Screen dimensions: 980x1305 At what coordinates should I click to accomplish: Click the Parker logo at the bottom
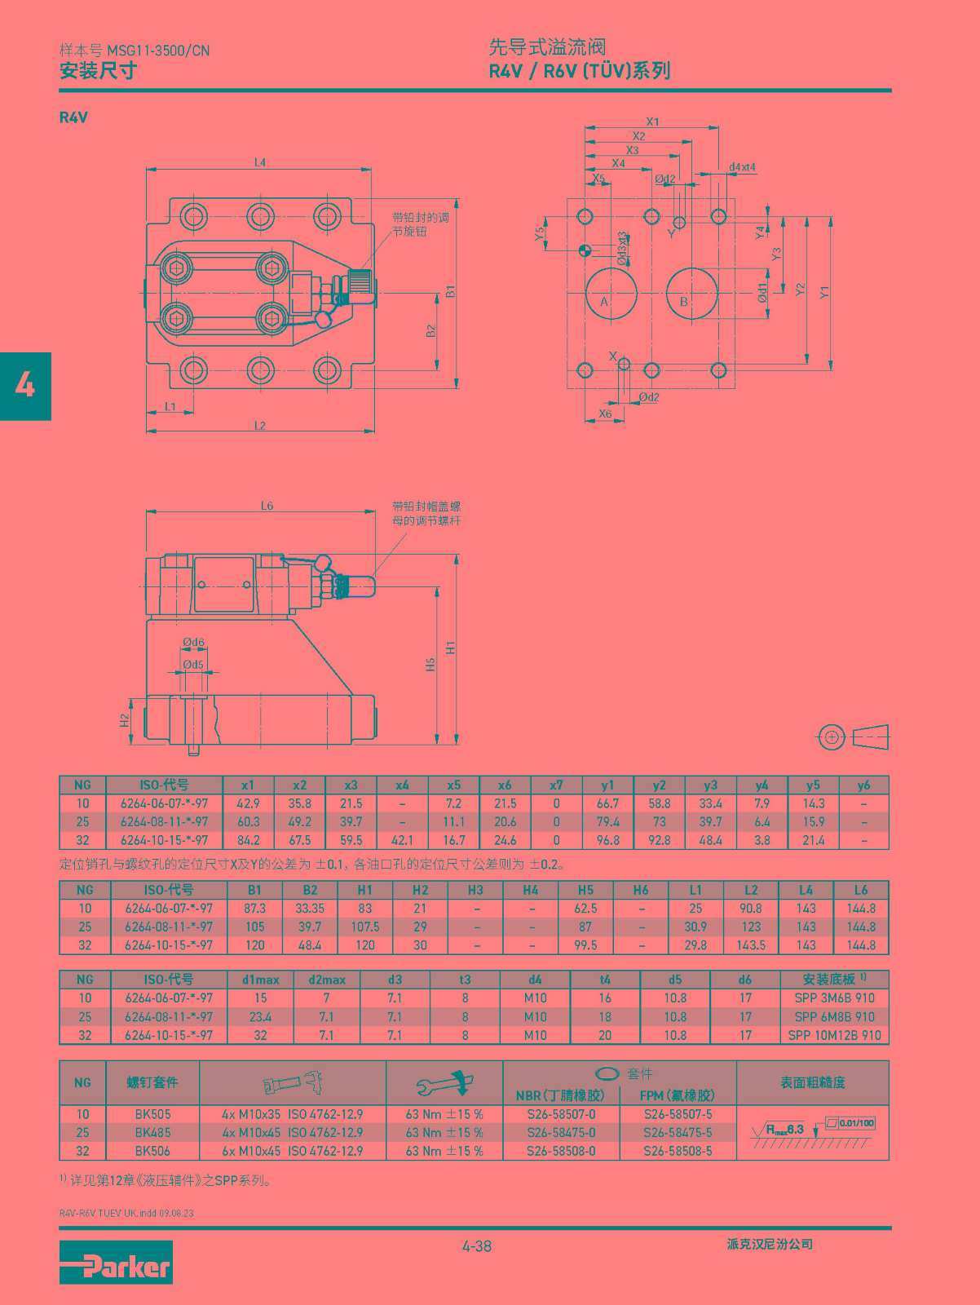click(x=116, y=1262)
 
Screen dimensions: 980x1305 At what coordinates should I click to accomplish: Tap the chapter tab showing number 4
click(x=25, y=386)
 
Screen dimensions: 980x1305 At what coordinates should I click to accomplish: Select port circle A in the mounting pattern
click(x=611, y=293)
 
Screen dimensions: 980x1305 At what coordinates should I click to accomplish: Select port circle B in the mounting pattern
click(x=691, y=293)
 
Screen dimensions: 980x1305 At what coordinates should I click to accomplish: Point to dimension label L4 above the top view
click(x=260, y=162)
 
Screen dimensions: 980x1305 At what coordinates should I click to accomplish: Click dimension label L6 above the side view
click(x=267, y=506)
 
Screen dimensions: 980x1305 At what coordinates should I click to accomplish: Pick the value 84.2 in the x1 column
click(x=248, y=840)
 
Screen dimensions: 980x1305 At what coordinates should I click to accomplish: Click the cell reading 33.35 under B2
click(x=310, y=909)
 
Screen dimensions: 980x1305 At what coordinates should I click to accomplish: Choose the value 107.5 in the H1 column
click(x=365, y=927)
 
